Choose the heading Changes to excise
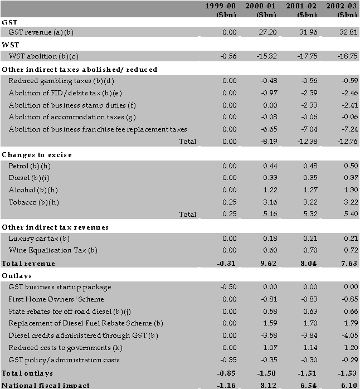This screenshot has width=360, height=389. (x=37, y=154)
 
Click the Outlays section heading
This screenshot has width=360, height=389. (x=17, y=275)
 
